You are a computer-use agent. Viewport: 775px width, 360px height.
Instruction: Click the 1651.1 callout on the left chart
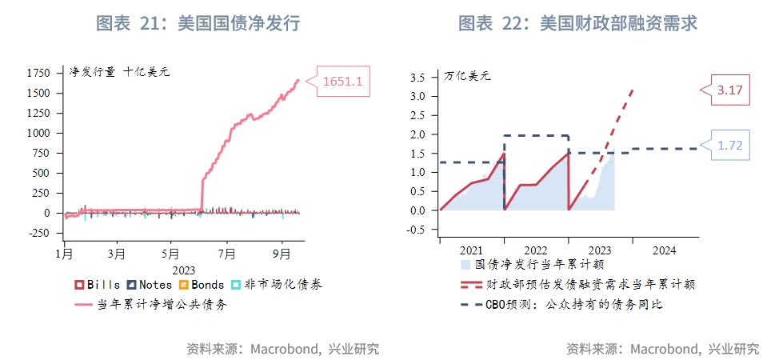click(x=343, y=81)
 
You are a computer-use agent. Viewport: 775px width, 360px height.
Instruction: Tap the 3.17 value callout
click(x=730, y=91)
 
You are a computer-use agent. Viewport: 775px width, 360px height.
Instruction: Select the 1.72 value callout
click(x=730, y=146)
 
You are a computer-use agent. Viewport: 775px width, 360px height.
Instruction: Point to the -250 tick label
click(x=35, y=233)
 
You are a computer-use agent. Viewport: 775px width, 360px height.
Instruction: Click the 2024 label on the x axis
click(x=664, y=250)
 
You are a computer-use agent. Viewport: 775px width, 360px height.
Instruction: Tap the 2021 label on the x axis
click(x=472, y=250)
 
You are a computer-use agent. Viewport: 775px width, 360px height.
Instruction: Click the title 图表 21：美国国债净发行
click(x=198, y=24)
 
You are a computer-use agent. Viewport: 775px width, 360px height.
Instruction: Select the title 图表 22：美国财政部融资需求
click(x=577, y=24)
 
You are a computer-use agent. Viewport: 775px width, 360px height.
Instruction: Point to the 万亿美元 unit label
click(x=467, y=77)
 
